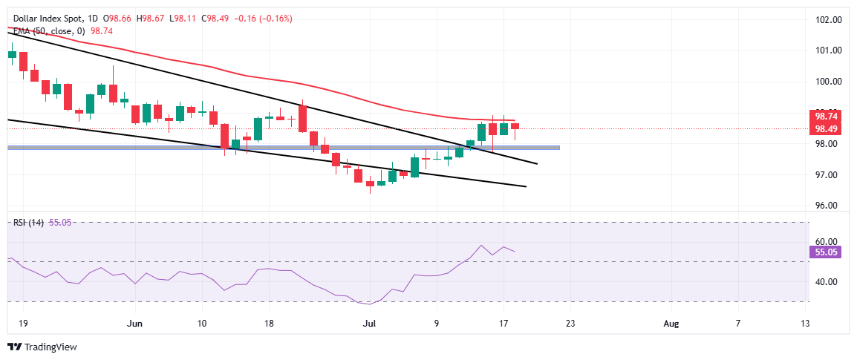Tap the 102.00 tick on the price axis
[827, 19]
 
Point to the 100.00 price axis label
[827, 82]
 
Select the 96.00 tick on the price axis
[827, 206]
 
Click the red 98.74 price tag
[827, 117]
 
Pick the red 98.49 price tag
[827, 128]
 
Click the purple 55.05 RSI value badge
[827, 252]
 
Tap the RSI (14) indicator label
[26, 222]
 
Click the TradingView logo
[42, 347]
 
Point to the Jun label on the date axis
[134, 323]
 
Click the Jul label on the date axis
[369, 323]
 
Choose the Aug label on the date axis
[671, 323]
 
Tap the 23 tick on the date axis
[570, 323]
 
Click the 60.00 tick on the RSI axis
[827, 242]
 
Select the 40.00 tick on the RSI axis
[827, 282]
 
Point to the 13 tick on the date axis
[805, 323]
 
